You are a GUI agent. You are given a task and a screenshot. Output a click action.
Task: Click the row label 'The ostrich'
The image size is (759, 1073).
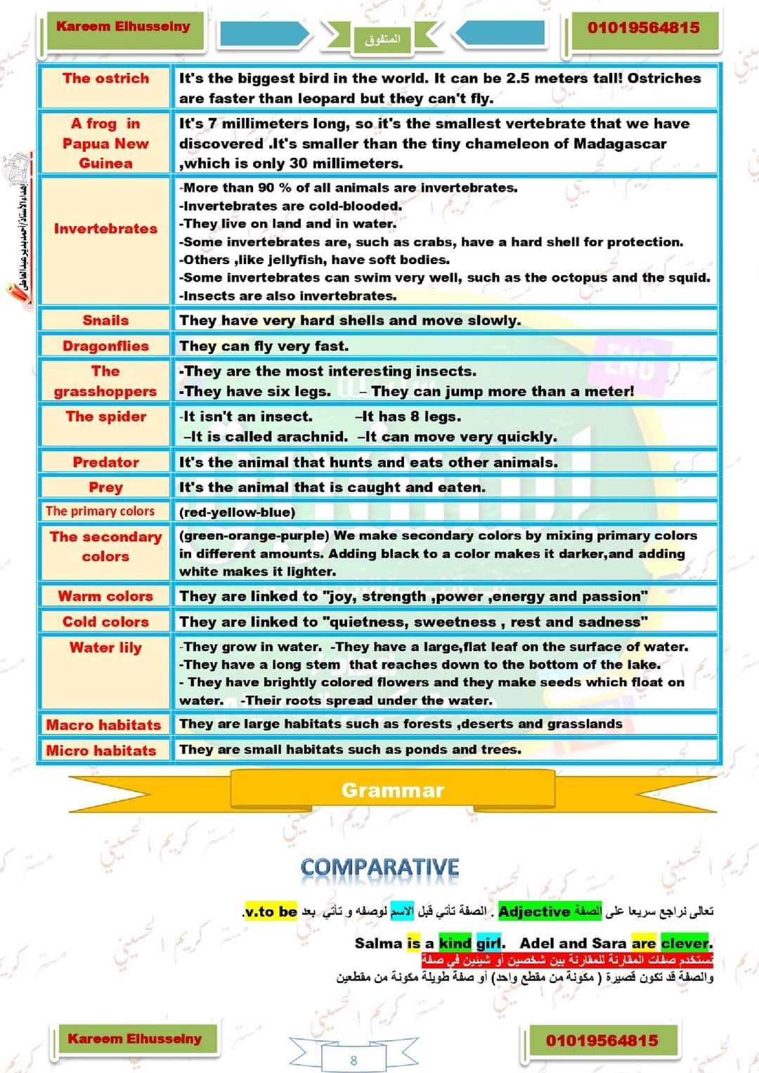[x=105, y=79]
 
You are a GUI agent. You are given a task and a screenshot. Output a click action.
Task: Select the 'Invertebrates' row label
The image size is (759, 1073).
[x=105, y=229]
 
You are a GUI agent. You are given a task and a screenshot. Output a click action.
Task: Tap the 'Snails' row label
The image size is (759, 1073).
[x=105, y=320]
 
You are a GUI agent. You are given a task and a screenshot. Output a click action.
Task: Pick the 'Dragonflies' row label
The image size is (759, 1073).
[x=105, y=346]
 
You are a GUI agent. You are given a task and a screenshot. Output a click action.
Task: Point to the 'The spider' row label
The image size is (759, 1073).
[x=105, y=416]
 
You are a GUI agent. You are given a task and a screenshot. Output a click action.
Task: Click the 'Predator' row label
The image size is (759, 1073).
[x=105, y=462]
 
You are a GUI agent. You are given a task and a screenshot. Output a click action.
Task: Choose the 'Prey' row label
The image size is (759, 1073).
[x=105, y=487]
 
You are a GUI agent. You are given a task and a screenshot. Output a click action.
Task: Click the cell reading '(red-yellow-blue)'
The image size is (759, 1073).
[x=237, y=513]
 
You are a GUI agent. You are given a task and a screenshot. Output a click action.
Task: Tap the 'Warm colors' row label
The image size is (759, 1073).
[x=105, y=596]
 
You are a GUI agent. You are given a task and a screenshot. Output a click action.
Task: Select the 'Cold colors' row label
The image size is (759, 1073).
[x=105, y=621]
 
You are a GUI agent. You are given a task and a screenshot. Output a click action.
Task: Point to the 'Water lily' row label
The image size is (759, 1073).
[x=105, y=647]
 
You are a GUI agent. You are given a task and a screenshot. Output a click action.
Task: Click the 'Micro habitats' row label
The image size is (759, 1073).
[x=101, y=750]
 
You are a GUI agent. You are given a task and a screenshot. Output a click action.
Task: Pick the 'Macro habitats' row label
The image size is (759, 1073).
[x=103, y=725]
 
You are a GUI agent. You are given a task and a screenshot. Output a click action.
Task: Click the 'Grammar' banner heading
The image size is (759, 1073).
[x=392, y=791]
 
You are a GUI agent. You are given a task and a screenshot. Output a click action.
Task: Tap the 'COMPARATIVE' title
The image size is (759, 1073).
[x=379, y=867]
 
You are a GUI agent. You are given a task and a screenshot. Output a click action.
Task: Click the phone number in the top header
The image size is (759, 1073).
[x=643, y=28]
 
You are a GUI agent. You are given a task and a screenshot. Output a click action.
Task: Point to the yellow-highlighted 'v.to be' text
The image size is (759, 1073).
[x=271, y=911]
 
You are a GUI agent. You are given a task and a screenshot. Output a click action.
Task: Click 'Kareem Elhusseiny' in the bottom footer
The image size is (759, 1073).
[x=134, y=1039]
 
